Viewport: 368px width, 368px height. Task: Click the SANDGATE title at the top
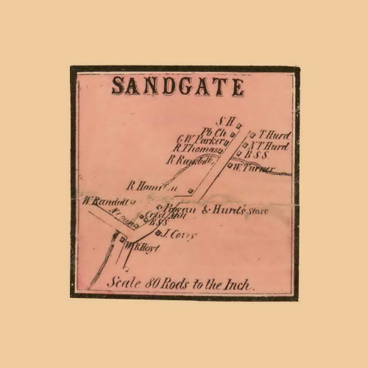(x=177, y=87)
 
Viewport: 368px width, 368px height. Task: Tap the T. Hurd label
(x=274, y=135)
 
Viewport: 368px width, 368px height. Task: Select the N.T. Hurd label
(x=272, y=146)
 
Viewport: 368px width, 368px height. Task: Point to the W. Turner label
(x=255, y=169)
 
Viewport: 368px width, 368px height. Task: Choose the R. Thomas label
(x=194, y=149)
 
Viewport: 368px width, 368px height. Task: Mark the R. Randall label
(x=191, y=159)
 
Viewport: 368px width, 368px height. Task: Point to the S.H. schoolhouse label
(x=224, y=121)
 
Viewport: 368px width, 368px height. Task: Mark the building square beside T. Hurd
(x=252, y=135)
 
